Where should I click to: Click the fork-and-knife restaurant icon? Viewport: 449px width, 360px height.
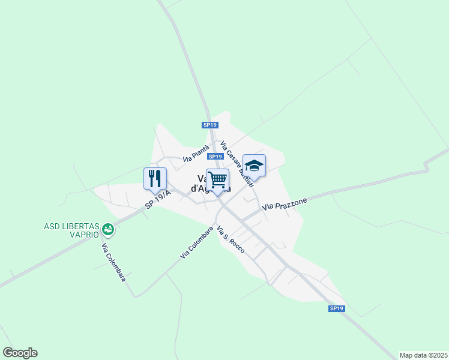(x=155, y=178)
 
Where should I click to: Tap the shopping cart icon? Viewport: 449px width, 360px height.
(x=217, y=179)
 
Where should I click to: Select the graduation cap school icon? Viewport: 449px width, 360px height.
(x=254, y=166)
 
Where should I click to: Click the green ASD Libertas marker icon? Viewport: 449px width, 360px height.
(x=107, y=229)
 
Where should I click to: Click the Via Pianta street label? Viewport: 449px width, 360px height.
(x=196, y=154)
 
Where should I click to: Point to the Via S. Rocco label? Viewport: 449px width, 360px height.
(x=231, y=239)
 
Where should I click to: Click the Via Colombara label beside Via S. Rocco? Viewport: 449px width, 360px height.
(x=197, y=242)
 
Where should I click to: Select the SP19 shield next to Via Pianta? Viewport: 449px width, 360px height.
(x=215, y=157)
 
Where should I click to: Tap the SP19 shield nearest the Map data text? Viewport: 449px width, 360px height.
(x=337, y=308)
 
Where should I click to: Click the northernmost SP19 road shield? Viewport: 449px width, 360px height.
(x=209, y=125)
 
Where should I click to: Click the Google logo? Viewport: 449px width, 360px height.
(x=20, y=353)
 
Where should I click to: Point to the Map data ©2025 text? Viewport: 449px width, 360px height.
(x=423, y=355)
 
